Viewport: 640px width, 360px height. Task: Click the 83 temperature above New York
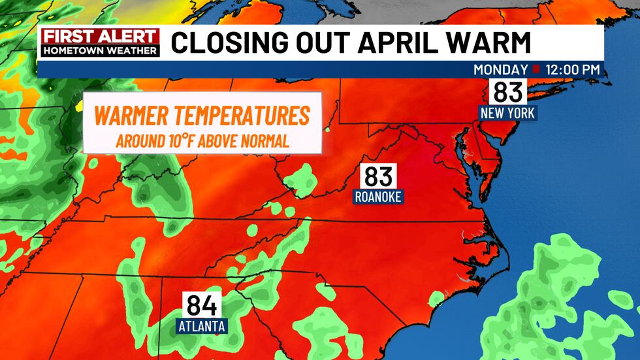tap(507, 92)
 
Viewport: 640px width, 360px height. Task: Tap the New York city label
tap(507, 113)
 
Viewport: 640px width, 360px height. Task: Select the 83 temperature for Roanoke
tap(378, 176)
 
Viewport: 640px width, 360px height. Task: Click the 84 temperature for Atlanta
tap(202, 305)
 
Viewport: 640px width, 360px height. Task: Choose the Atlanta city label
tap(202, 325)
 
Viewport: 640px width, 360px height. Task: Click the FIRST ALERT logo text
tap(100, 37)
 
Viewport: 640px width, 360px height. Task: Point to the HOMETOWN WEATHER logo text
tap(100, 50)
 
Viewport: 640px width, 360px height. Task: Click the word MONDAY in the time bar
tap(500, 70)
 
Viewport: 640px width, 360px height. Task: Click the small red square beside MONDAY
tap(536, 70)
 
